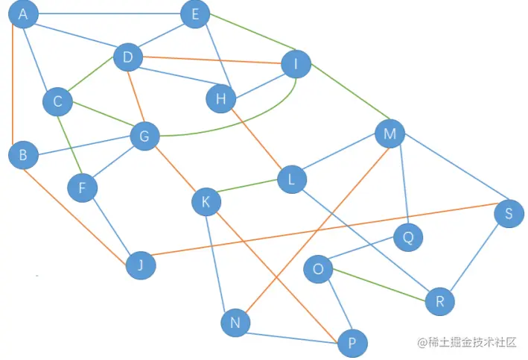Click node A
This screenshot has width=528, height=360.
[23, 15]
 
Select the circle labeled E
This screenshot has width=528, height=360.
[195, 14]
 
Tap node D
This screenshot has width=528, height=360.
[128, 57]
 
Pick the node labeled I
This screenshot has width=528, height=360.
[296, 64]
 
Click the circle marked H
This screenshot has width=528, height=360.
[220, 99]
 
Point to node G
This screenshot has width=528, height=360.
[144, 136]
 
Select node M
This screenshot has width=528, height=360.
[389, 134]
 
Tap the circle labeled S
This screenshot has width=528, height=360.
[509, 214]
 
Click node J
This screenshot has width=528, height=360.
[141, 265]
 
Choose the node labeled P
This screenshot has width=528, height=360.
[352, 344]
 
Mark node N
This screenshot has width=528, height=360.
[235, 323]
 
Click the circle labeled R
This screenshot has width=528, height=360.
[439, 302]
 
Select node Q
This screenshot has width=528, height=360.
[407, 238]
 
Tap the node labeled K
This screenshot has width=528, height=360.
[206, 201]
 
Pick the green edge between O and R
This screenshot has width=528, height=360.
[380, 285]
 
